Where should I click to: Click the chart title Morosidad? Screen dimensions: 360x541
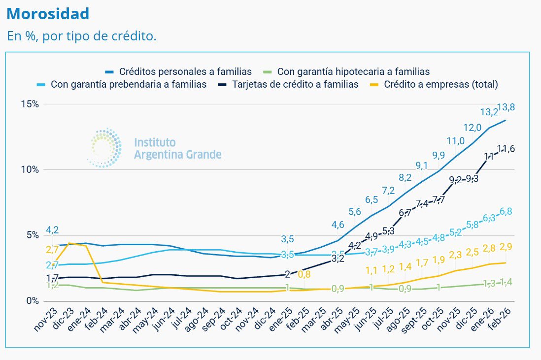coord(48,14)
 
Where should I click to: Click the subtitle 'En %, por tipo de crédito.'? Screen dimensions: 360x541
coord(81,36)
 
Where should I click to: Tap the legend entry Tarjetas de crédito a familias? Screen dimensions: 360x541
coord(295,84)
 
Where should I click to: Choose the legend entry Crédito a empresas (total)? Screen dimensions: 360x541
coord(441,84)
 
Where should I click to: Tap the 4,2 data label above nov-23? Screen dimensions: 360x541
coord(53,229)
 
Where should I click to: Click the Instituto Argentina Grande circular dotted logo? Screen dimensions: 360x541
coord(105,147)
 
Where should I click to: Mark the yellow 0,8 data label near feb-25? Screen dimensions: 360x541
coord(304,275)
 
